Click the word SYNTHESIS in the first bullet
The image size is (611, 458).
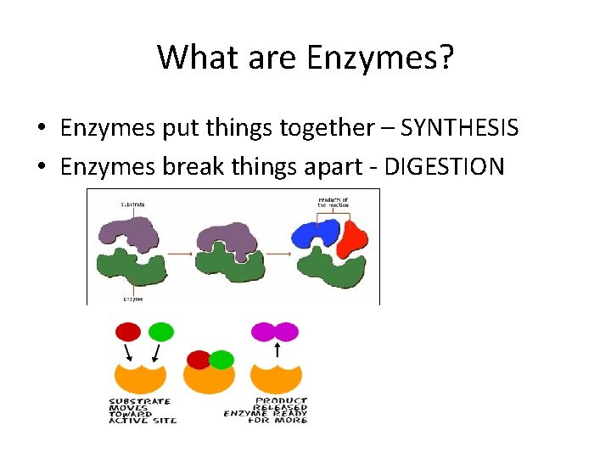click(459, 128)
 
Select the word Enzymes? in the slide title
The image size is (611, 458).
click(380, 58)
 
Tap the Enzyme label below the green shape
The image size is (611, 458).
click(132, 299)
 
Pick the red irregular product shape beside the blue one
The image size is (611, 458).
click(351, 237)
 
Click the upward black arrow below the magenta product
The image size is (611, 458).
click(279, 349)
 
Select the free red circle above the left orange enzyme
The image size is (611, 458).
click(128, 332)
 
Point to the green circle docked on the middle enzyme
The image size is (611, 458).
click(221, 360)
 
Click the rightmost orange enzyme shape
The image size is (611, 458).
click(278, 378)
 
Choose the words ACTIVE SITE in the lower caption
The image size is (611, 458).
click(143, 421)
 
